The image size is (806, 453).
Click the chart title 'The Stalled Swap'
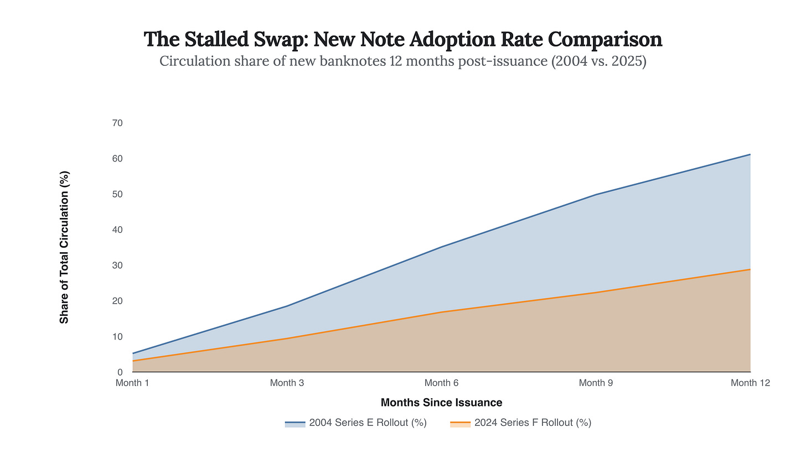click(403, 39)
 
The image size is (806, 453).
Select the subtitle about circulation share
click(403, 61)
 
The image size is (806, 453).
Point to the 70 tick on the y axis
click(117, 123)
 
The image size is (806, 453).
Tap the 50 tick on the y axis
click(117, 194)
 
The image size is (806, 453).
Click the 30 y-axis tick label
click(117, 265)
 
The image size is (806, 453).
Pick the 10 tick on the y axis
click(117, 336)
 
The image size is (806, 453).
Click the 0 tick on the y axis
click(120, 372)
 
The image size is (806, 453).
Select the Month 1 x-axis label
click(132, 383)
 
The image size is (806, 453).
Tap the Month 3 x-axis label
click(287, 383)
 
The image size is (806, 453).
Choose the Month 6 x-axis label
click(441, 383)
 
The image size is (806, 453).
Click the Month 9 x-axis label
click(596, 383)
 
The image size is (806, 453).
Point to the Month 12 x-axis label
click(750, 383)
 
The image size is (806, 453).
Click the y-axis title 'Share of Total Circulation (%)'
click(65, 247)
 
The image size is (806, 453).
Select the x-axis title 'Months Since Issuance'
click(441, 403)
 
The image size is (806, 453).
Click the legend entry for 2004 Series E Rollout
click(355, 423)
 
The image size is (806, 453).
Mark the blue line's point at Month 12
click(750, 154)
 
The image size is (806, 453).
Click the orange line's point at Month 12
click(750, 269)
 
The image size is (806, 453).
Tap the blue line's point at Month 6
click(441, 247)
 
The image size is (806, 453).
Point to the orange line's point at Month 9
click(596, 293)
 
